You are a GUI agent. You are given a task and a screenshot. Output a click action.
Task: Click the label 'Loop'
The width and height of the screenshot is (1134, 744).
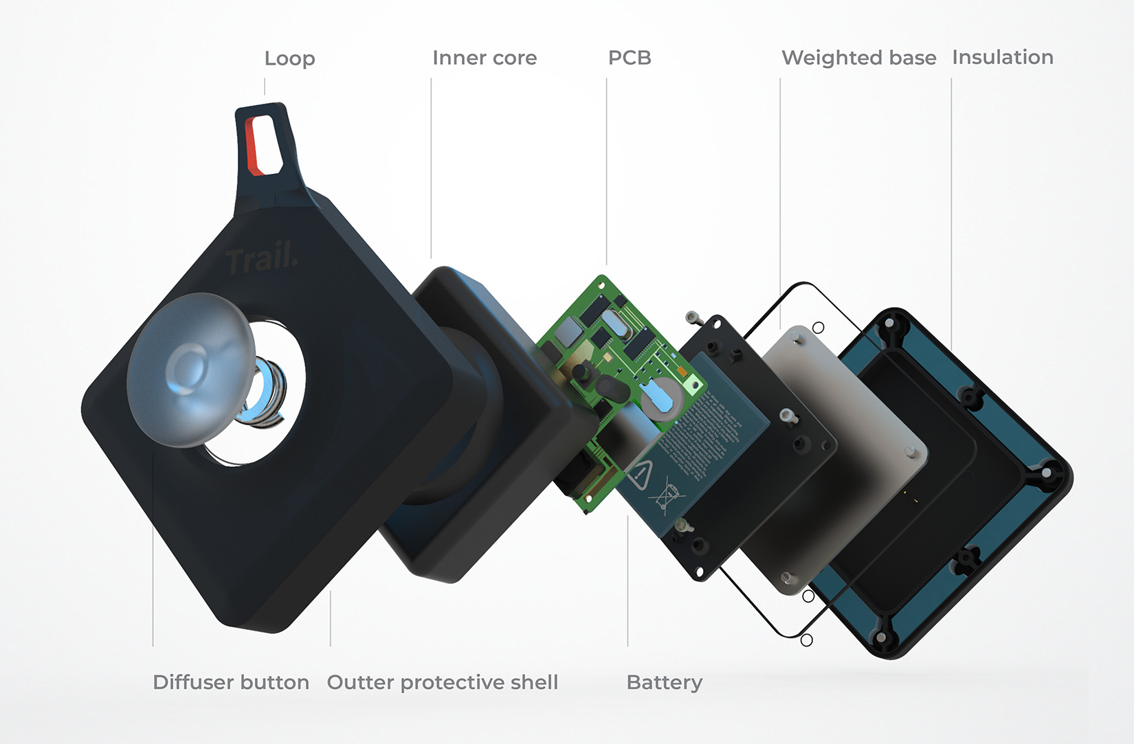289,59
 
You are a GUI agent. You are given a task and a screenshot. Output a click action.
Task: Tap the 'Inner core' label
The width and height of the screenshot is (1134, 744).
485,58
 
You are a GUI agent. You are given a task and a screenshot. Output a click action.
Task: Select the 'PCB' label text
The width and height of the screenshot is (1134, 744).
630,58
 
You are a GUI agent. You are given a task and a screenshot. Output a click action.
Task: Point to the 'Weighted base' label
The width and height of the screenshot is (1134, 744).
858,58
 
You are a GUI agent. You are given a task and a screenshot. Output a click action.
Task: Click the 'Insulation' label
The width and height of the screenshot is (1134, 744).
1002,58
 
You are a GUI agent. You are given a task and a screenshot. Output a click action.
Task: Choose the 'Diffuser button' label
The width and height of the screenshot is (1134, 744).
231,682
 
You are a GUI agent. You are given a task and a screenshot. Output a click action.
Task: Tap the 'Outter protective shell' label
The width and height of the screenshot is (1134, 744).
443,682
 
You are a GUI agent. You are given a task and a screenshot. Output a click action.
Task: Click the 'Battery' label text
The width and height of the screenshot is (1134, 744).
664,682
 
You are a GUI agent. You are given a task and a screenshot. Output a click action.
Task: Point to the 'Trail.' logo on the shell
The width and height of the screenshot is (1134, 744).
261,259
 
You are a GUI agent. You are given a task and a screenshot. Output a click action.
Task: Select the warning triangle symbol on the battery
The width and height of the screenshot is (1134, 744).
638,474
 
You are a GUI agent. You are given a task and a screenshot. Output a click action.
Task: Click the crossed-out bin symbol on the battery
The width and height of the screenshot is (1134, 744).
665,497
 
